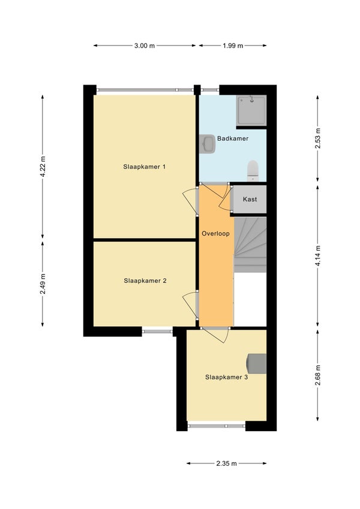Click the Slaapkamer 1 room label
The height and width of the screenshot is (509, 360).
click(144, 167)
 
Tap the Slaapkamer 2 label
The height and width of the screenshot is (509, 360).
click(145, 281)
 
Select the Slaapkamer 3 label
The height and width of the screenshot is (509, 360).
click(226, 377)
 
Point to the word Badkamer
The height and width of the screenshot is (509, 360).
click(233, 138)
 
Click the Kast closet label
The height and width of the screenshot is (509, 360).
click(250, 199)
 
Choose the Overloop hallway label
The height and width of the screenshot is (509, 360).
click(216, 234)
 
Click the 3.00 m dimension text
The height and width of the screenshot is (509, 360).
click(145, 46)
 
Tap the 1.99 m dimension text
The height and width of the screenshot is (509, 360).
click(233, 46)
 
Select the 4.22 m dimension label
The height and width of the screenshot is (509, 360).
click(43, 167)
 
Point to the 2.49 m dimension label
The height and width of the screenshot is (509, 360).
click(43, 284)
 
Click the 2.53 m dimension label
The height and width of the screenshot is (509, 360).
click(318, 138)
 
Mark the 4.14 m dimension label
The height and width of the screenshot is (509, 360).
click(318, 256)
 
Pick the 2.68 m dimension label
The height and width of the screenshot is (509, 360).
click(318, 375)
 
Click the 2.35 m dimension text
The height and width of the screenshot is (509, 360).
click(226, 463)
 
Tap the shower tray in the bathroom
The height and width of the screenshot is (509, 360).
click(251, 110)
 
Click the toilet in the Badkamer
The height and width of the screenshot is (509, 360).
click(253, 171)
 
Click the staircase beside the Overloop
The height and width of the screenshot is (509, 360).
click(250, 245)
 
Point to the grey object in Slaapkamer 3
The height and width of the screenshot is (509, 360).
click(257, 363)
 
